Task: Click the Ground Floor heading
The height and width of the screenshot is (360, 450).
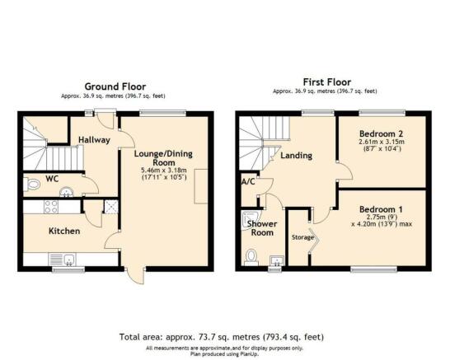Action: (x=114, y=86)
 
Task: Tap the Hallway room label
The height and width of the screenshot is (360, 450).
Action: (x=95, y=140)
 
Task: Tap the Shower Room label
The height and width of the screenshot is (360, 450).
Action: (x=261, y=228)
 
